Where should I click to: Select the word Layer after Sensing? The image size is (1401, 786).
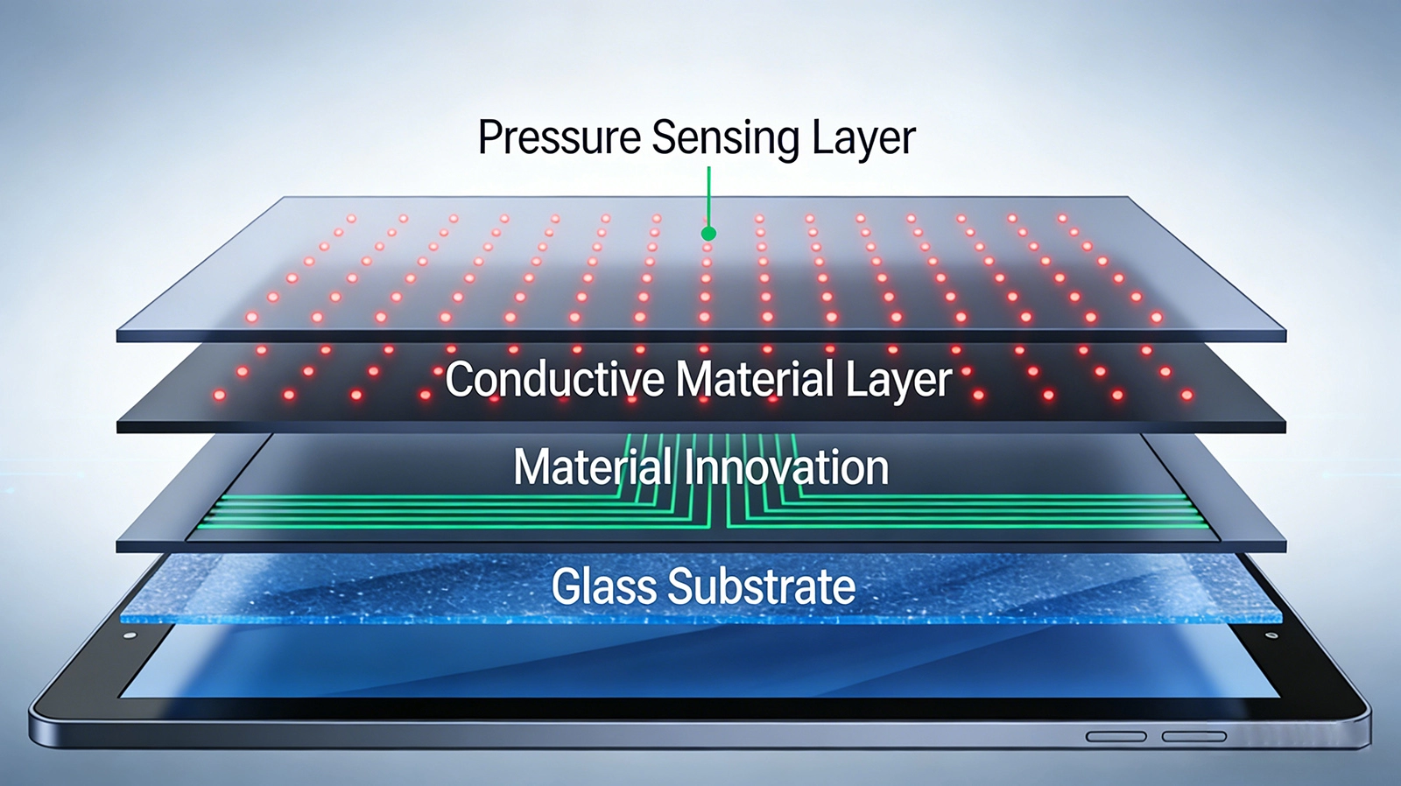(863, 139)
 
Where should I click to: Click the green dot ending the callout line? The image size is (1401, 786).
(708, 234)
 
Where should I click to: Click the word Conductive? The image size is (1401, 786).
(555, 379)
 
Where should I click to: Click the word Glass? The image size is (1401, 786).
(604, 586)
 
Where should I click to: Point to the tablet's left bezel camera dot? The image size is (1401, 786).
(130, 636)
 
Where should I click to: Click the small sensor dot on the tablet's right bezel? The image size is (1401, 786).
(1271, 636)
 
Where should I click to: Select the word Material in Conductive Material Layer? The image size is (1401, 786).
(755, 379)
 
